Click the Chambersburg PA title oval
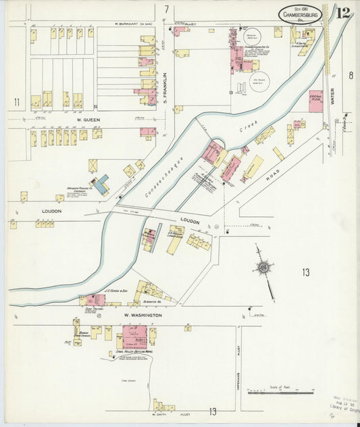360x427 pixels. point(301,14)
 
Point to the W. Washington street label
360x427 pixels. point(142,316)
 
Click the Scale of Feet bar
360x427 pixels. point(280,391)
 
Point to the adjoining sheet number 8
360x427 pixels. point(351,76)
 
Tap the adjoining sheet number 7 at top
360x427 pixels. point(166,9)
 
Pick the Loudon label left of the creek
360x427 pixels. point(51,211)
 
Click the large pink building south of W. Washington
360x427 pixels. point(134,336)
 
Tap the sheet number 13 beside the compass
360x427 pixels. point(306,272)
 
